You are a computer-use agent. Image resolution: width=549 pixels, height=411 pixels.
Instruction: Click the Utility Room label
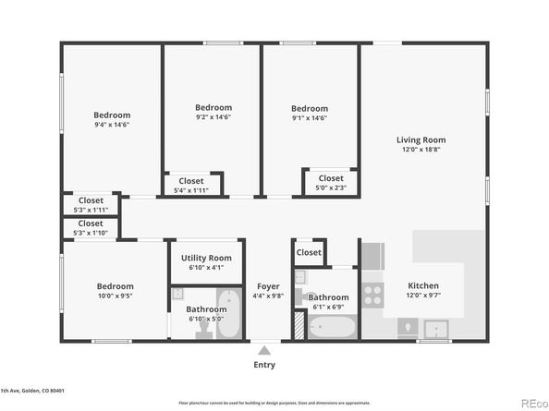[x=206, y=259]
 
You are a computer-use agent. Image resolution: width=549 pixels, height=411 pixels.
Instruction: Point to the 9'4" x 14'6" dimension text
[x=112, y=125]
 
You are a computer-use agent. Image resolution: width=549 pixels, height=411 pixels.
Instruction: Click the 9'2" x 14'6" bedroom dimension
[x=213, y=117]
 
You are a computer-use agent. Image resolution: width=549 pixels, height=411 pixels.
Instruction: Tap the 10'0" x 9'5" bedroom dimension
[x=115, y=297]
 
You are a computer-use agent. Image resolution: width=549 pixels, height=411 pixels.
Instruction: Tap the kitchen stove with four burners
[x=372, y=294]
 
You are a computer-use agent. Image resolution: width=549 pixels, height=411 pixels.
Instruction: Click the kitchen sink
[x=433, y=328]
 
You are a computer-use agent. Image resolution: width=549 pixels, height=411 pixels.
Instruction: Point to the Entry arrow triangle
[x=264, y=350]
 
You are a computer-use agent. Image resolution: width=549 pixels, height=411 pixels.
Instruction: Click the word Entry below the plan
[x=264, y=365]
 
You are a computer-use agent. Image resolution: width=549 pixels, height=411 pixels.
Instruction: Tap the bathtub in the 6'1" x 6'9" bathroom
[x=332, y=327]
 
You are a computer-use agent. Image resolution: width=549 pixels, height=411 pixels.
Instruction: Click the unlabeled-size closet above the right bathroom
[x=309, y=252]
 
